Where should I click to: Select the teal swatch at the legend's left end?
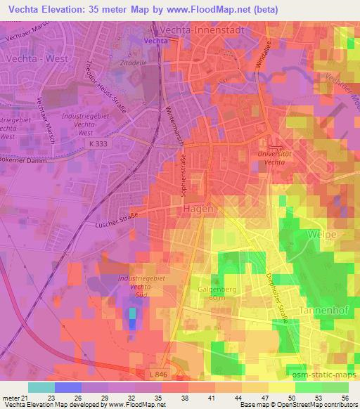(41, 387)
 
